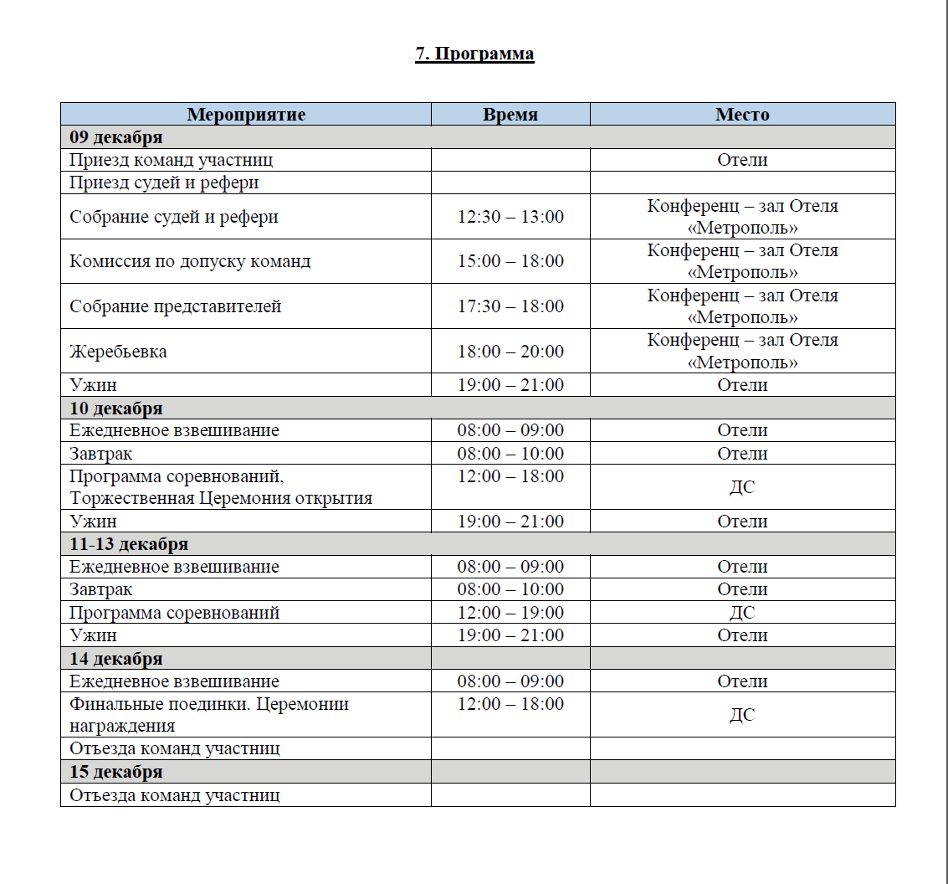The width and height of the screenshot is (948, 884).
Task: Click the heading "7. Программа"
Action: [474, 54]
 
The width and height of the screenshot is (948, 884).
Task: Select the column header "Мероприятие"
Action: [246, 115]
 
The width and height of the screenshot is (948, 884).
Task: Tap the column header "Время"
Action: [510, 115]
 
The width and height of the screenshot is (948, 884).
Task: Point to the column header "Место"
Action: [742, 115]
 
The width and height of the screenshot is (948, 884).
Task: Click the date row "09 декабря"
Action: [116, 137]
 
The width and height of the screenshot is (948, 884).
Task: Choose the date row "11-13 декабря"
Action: [129, 544]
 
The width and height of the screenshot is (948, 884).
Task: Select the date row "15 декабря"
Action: [116, 772]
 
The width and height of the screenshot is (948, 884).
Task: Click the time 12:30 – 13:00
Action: [510, 217]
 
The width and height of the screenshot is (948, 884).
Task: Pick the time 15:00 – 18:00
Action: [510, 261]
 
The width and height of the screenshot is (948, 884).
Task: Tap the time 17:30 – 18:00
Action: [510, 306]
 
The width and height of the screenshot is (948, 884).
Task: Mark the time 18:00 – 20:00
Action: [510, 352]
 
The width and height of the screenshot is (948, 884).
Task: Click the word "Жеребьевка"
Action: [118, 352]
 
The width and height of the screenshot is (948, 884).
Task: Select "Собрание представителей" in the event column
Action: [176, 306]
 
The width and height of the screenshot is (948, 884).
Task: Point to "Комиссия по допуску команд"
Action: [190, 261]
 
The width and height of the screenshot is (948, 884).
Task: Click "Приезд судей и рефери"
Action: [164, 182]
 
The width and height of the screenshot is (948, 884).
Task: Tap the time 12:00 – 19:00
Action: [510, 613]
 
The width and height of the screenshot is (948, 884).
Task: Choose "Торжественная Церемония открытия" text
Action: [221, 498]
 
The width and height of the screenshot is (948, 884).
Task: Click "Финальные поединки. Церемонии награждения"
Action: [209, 714]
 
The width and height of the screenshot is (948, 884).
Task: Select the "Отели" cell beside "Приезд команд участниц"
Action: [742, 160]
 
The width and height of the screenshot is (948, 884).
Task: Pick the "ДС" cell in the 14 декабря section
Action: [742, 715]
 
